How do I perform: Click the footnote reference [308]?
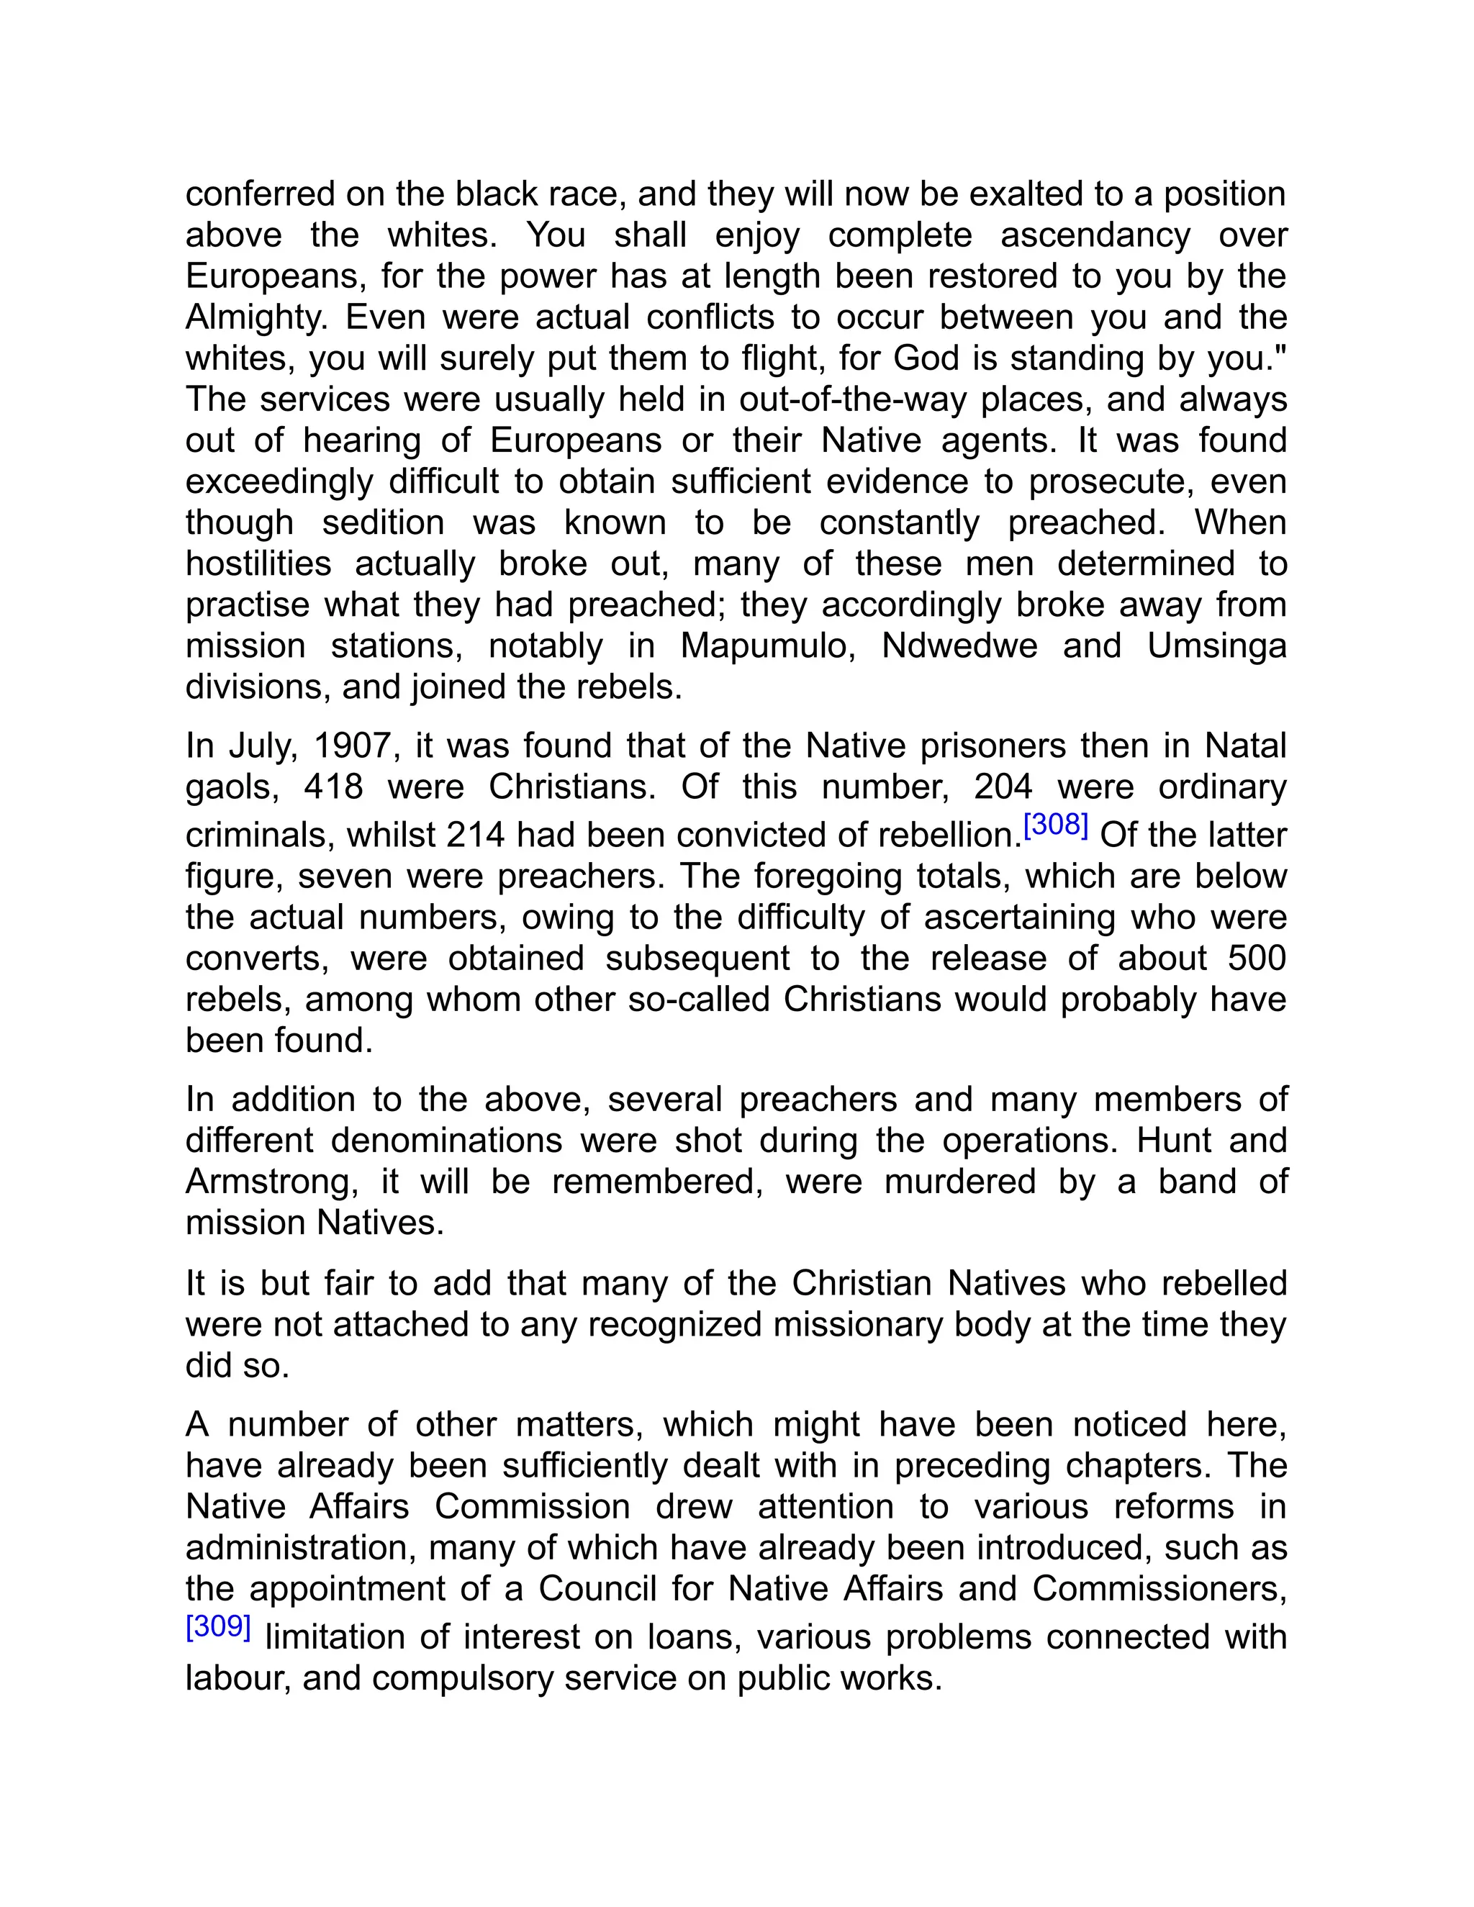click(x=1055, y=825)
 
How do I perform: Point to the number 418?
click(x=333, y=787)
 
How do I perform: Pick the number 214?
click(x=475, y=835)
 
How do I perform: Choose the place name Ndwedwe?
click(x=959, y=646)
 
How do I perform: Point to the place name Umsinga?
click(x=1216, y=646)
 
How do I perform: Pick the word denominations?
click(x=446, y=1141)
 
